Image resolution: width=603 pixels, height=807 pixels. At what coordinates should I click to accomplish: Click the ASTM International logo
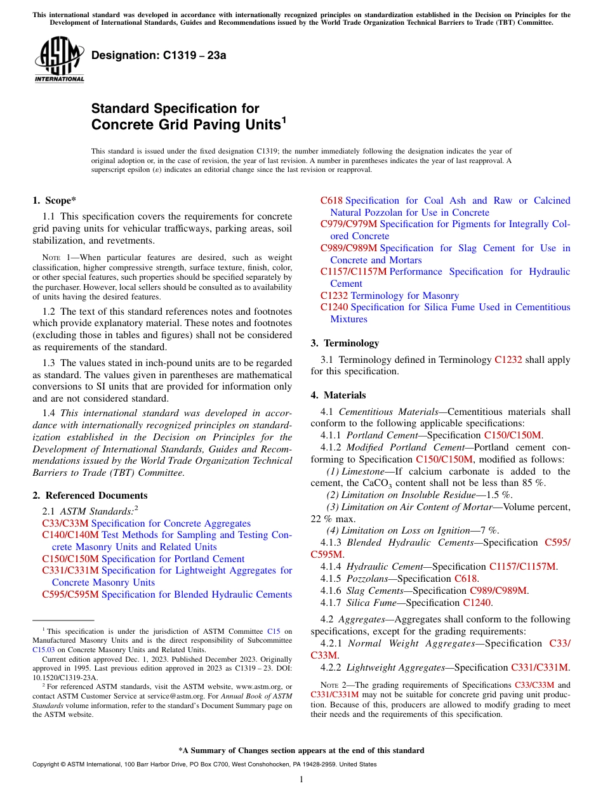pyautogui.click(x=59, y=60)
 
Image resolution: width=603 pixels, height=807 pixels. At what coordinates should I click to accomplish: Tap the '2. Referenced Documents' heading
pyautogui.click(x=89, y=495)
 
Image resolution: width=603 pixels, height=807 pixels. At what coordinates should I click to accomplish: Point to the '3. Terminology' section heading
pyautogui.click(x=345, y=343)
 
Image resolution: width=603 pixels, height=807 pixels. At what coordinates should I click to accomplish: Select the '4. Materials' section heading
pyautogui.click(x=338, y=395)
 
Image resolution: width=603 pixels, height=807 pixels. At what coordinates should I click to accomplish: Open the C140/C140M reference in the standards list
pyautogui.click(x=70, y=535)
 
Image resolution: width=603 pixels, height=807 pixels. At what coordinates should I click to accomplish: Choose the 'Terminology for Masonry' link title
pyautogui.click(x=404, y=296)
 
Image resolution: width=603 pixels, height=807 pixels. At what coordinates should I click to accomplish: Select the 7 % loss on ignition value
pyautogui.click(x=489, y=530)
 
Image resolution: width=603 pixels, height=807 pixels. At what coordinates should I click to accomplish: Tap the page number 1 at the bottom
pyautogui.click(x=301, y=779)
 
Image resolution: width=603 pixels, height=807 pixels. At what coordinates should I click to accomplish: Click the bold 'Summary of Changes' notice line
pyautogui.click(x=301, y=751)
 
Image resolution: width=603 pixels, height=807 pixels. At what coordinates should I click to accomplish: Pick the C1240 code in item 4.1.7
pyautogui.click(x=476, y=603)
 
